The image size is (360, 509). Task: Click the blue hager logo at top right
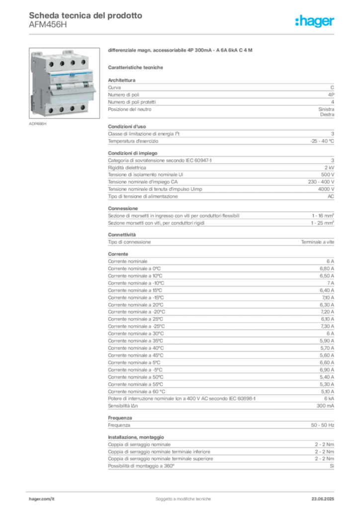315,22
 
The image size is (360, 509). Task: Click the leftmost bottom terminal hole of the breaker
50,110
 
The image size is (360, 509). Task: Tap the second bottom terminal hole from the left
61,109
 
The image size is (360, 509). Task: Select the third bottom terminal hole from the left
73,108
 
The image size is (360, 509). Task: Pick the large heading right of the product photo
181,51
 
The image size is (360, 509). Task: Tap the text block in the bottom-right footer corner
326,496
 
